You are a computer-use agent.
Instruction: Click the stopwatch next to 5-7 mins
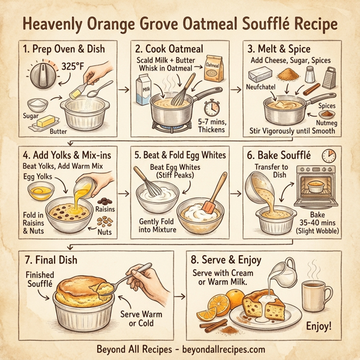click(211, 109)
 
